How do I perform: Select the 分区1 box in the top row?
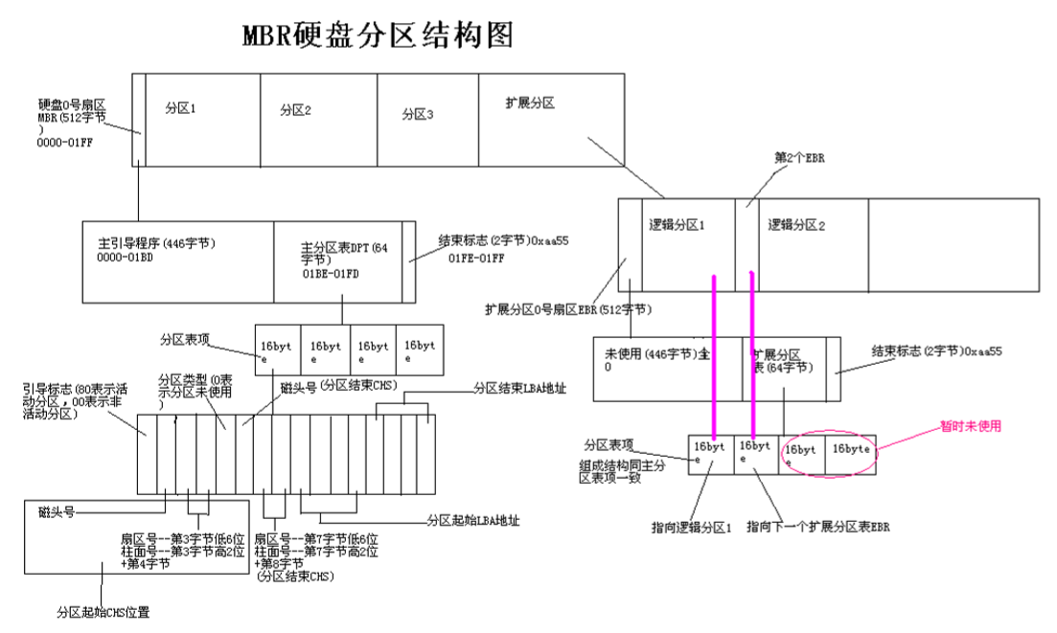[202, 120]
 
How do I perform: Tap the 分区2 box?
[319, 120]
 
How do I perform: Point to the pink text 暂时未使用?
[969, 427]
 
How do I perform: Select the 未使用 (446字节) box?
[667, 368]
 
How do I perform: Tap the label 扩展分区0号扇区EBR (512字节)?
[568, 309]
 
